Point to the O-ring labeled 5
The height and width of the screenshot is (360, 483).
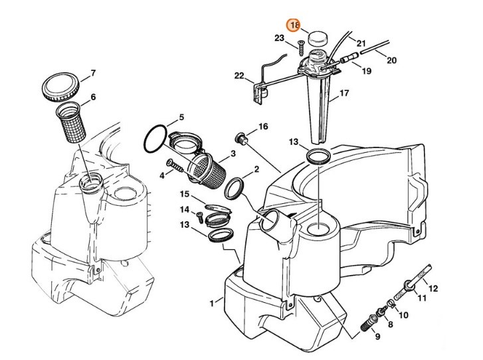157,139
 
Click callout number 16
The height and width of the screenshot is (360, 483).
263,126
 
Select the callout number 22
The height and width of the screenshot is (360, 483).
239,76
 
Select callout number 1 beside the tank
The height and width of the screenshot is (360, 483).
212,303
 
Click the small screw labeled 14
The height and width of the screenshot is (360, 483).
199,215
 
